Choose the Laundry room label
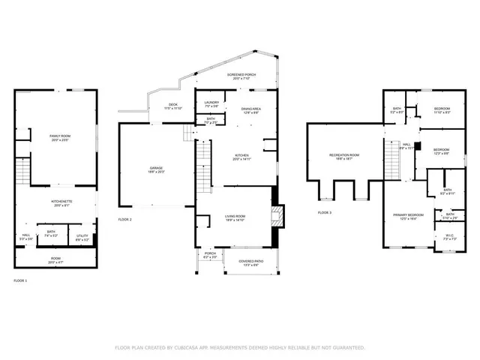pos(211,104)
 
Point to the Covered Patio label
pos(249,262)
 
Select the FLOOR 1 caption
pos(20,280)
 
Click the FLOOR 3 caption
pos(325,213)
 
